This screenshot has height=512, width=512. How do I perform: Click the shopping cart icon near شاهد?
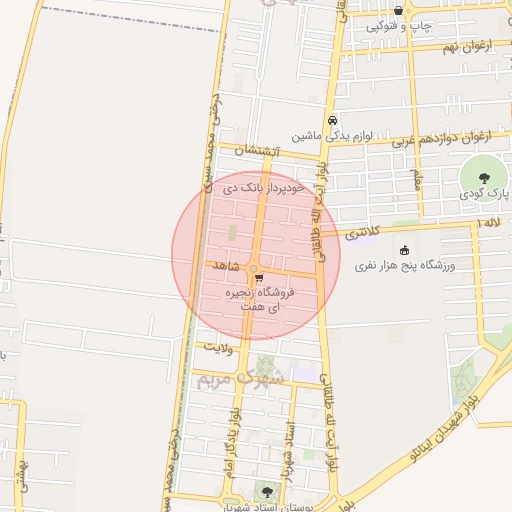259,278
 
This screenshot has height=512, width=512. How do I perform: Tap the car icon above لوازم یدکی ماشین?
332,120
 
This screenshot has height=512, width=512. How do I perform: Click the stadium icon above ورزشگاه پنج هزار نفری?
403,250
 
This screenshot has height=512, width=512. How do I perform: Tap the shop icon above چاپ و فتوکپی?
398,11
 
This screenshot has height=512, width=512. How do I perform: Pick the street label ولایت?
218,346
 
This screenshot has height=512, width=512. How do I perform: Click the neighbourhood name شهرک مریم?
240,378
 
